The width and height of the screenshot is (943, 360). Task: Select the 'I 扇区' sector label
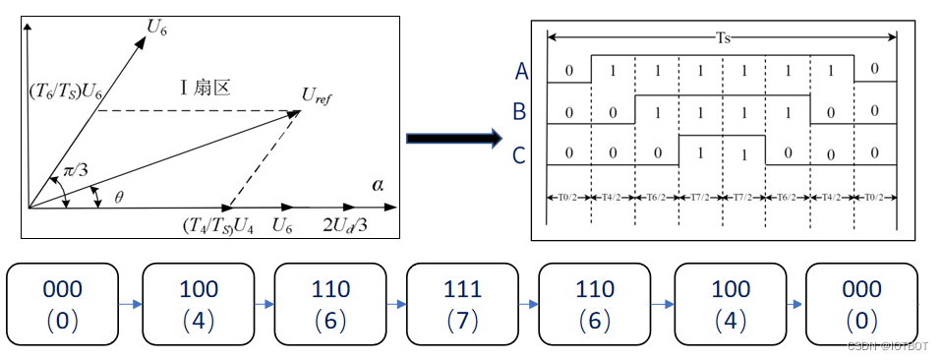(204, 88)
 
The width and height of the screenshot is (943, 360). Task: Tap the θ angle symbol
(119, 197)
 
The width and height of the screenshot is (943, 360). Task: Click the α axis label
(379, 184)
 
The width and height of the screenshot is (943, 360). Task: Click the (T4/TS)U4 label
(219, 226)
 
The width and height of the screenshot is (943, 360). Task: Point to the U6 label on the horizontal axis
(282, 226)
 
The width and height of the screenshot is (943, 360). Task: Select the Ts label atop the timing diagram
(722, 38)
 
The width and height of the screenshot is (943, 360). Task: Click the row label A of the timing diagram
(521, 71)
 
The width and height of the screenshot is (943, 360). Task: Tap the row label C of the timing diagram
(520, 152)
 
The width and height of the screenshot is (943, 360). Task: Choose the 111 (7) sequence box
(462, 304)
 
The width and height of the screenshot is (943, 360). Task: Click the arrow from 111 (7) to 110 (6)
(528, 305)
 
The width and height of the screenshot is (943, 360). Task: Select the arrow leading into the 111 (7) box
(396, 305)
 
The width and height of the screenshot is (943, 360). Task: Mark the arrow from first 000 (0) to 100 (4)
(132, 305)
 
